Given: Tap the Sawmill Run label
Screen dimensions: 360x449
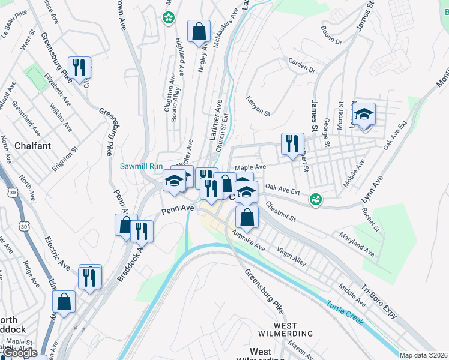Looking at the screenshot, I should click(x=142, y=166).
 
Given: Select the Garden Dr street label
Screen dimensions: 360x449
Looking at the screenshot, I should click(x=301, y=66).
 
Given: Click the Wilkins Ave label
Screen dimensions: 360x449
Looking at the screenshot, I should click(x=61, y=119).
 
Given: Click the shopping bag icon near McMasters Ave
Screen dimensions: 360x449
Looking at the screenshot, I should click(x=199, y=32).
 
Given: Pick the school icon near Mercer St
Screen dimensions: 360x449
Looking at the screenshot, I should click(x=363, y=115).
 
